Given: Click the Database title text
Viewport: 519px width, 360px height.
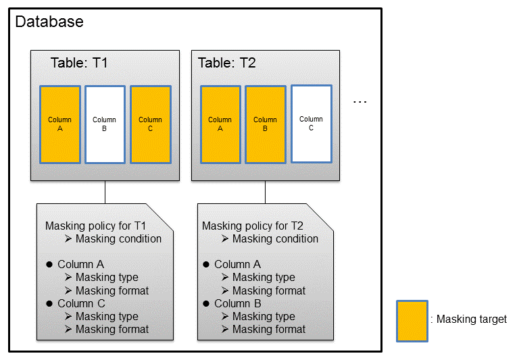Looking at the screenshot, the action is click(x=49, y=22).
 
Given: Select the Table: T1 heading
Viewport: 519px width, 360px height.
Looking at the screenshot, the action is click(x=79, y=63).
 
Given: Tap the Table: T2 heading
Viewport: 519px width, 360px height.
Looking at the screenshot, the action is click(x=227, y=63).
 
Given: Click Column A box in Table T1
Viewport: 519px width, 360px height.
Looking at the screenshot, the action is click(x=60, y=124).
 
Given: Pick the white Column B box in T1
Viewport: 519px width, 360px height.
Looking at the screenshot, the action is click(x=105, y=124).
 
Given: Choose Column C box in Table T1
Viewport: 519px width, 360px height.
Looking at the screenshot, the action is click(x=151, y=124).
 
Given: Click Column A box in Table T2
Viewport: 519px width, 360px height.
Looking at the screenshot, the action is click(x=220, y=124).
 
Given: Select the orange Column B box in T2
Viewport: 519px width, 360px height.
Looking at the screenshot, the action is click(x=266, y=124).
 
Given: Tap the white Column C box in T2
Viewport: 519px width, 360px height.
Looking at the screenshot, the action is click(x=312, y=124).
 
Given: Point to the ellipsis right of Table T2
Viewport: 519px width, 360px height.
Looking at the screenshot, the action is click(x=360, y=102).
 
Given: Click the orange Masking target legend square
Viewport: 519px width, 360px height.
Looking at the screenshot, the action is click(x=412, y=321).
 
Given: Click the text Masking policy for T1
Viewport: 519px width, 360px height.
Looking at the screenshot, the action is click(x=95, y=226).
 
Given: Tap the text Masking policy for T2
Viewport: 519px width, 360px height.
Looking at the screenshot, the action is click(x=253, y=226).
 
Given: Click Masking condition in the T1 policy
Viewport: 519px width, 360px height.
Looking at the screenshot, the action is click(x=118, y=238).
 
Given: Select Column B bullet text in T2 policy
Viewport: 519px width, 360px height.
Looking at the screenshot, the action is click(x=238, y=303).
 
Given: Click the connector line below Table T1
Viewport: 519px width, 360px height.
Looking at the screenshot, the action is click(x=105, y=192).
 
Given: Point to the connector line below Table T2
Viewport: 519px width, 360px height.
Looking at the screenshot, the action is click(x=265, y=192).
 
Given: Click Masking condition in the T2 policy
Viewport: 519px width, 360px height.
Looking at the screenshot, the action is click(x=275, y=238).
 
